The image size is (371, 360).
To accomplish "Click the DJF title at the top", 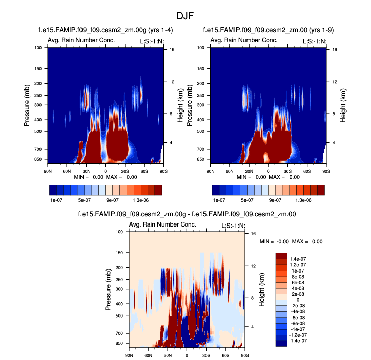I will tap(185, 16).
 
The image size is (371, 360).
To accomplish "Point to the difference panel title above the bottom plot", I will tap(187, 214).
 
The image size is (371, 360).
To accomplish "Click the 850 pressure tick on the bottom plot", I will tap(119, 343).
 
